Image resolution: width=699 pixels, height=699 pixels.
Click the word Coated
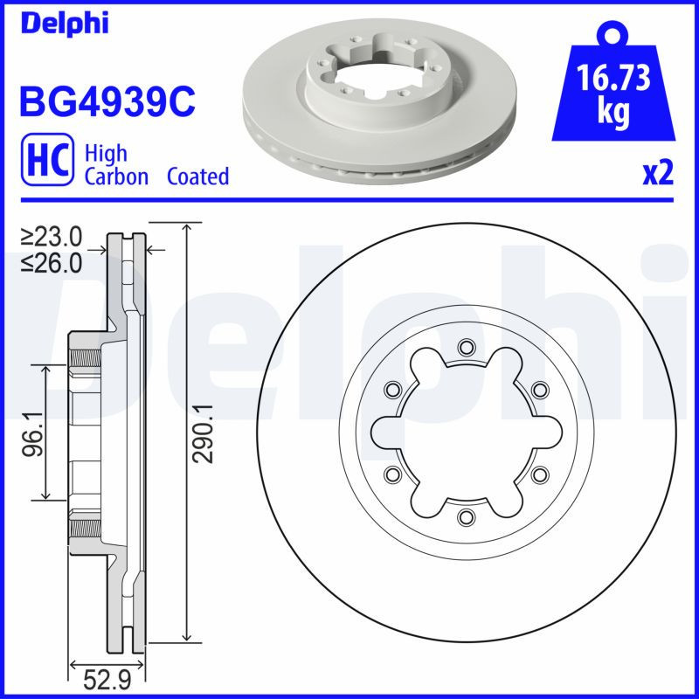coord(197,176)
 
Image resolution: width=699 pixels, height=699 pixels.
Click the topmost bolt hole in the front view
coord(465,347)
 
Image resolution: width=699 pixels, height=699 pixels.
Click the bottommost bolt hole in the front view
coord(465,516)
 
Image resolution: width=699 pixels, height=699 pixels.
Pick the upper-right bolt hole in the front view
coord(539,389)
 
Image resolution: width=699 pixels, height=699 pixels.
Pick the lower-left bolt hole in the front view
coord(391,474)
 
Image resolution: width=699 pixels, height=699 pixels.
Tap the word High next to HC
coord(106,154)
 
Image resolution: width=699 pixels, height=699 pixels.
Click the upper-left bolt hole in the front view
coord(391,389)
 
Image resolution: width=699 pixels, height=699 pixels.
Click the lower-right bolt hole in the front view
coord(539,474)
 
